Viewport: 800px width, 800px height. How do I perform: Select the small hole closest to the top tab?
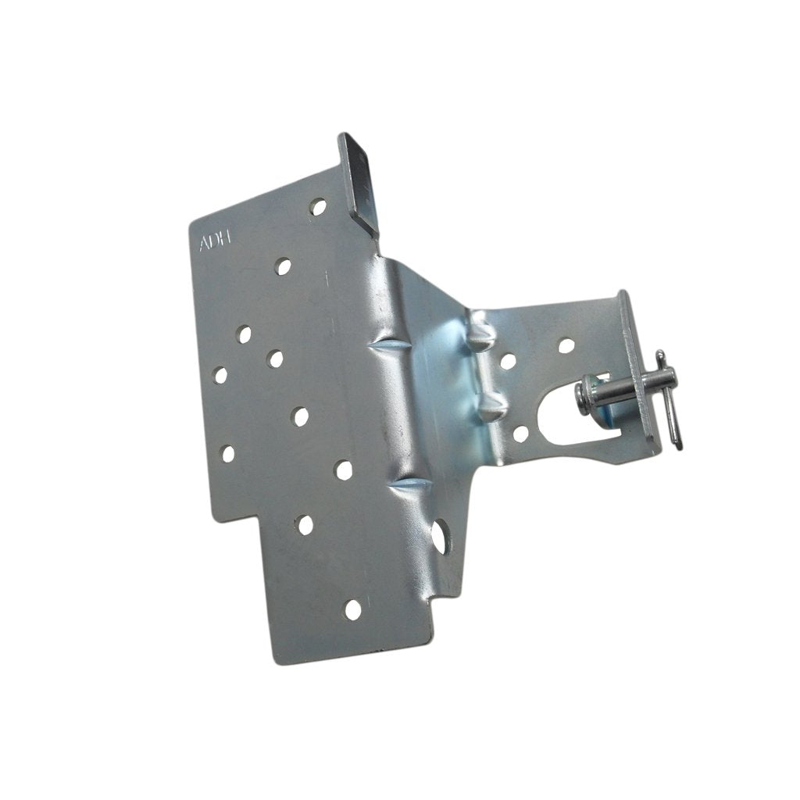pos(318,207)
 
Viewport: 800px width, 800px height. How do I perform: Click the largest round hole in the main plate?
pos(440,537)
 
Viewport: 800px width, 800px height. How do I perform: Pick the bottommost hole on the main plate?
pos(353,610)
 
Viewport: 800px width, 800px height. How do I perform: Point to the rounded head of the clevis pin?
pos(586,395)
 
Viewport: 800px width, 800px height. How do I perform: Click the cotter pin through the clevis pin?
pos(670,399)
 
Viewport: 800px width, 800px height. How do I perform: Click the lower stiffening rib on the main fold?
pos(410,486)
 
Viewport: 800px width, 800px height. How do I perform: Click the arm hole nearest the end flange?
pos(566,345)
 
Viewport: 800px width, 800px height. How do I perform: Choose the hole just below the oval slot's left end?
pos(521,434)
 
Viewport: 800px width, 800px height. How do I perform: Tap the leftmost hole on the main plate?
pos(220,375)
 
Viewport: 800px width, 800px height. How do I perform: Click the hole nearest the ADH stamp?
pos(283,266)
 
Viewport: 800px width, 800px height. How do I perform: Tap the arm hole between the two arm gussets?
pos(508,361)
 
